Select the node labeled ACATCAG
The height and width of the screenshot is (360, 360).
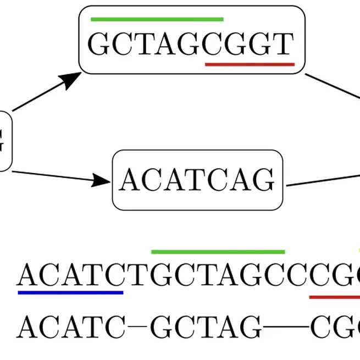coord(197,180)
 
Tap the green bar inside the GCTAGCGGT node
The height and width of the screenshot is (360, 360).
coord(157,19)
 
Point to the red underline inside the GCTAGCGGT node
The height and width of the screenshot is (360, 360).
coord(250,64)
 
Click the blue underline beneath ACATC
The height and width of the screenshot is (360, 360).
coord(70,292)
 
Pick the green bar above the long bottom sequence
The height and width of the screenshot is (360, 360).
coord(218,252)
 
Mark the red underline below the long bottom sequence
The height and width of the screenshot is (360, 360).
coord(334,297)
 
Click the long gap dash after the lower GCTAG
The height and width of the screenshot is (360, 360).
coord(286,329)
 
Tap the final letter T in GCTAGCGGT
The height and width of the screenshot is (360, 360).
coord(284,44)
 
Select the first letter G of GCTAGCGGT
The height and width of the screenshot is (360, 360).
coord(99,44)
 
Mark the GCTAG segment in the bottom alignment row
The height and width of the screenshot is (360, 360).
coord(206,328)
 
